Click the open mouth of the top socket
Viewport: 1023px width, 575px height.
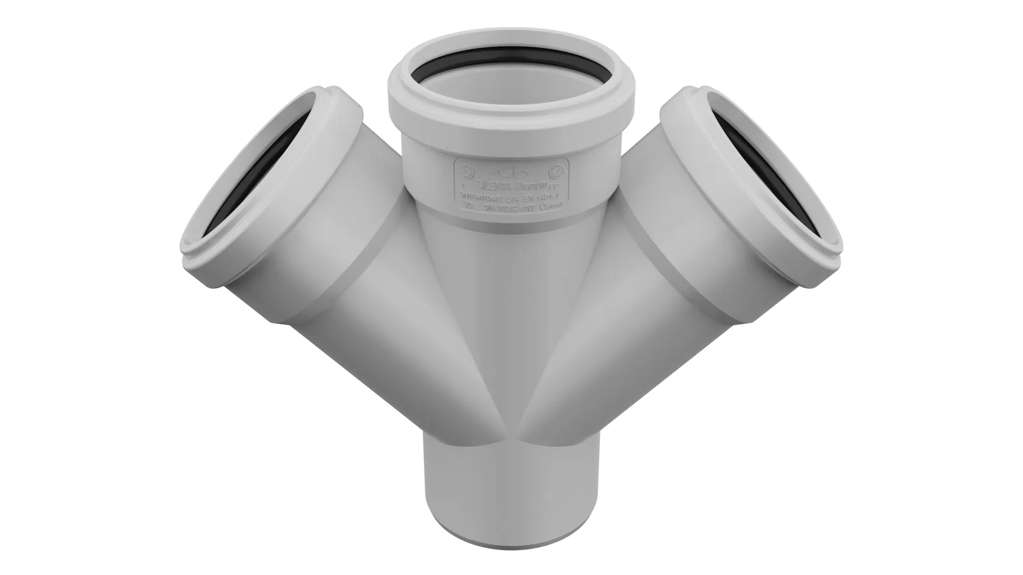[x=511, y=83]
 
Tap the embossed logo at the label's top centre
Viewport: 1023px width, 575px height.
[x=510, y=171]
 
